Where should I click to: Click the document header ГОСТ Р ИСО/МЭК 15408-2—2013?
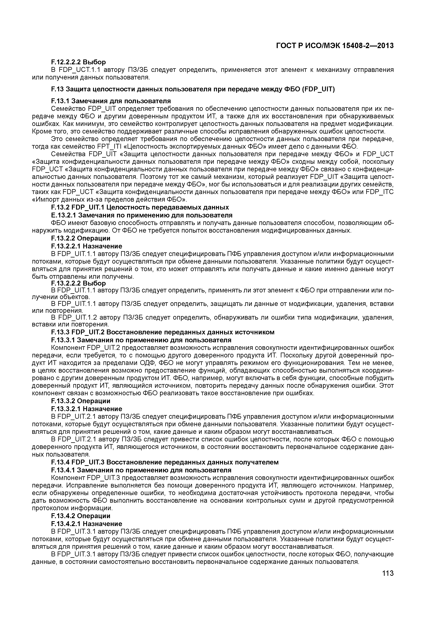pyautogui.click(x=335, y=46)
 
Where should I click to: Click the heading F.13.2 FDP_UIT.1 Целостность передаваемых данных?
pyautogui.click(x=140, y=207)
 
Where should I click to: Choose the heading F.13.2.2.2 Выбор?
pyautogui.click(x=78, y=283)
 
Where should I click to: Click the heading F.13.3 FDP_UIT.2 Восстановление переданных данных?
pyautogui.click(x=163, y=332)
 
